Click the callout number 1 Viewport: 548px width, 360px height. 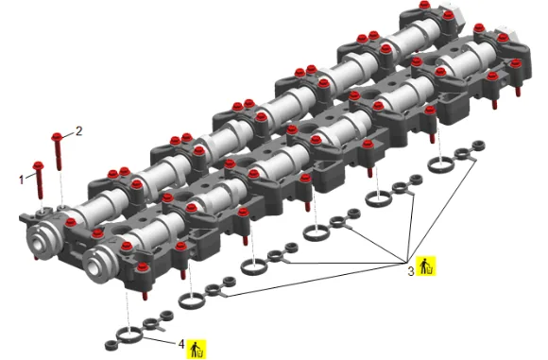[22, 180]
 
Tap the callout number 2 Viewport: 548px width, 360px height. [79, 130]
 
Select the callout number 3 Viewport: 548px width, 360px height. [411, 270]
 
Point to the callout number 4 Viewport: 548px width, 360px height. [181, 344]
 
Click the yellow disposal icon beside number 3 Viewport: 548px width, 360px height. [426, 266]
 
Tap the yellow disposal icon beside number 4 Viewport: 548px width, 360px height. [197, 350]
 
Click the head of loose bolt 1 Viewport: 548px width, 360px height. [38, 165]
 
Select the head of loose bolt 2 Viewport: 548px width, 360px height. [57, 136]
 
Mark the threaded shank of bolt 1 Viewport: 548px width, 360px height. [40, 184]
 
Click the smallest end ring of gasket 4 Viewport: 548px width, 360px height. [111, 345]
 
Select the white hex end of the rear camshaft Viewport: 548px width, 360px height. [454, 13]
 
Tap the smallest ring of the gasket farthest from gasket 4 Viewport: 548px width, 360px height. [478, 146]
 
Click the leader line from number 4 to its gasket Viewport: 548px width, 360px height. [160, 341]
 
